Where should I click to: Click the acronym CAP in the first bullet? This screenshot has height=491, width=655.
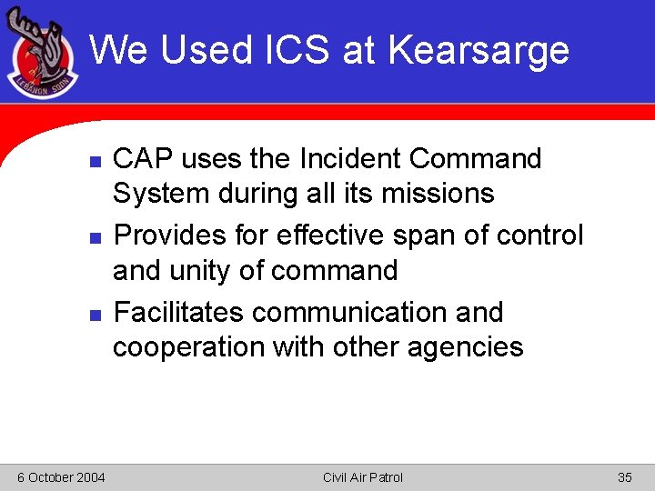143,159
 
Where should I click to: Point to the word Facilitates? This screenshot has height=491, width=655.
178,313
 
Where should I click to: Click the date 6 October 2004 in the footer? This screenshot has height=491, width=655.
60,477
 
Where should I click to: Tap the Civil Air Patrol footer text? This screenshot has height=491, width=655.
362,477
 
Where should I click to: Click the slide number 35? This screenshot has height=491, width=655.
624,477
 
